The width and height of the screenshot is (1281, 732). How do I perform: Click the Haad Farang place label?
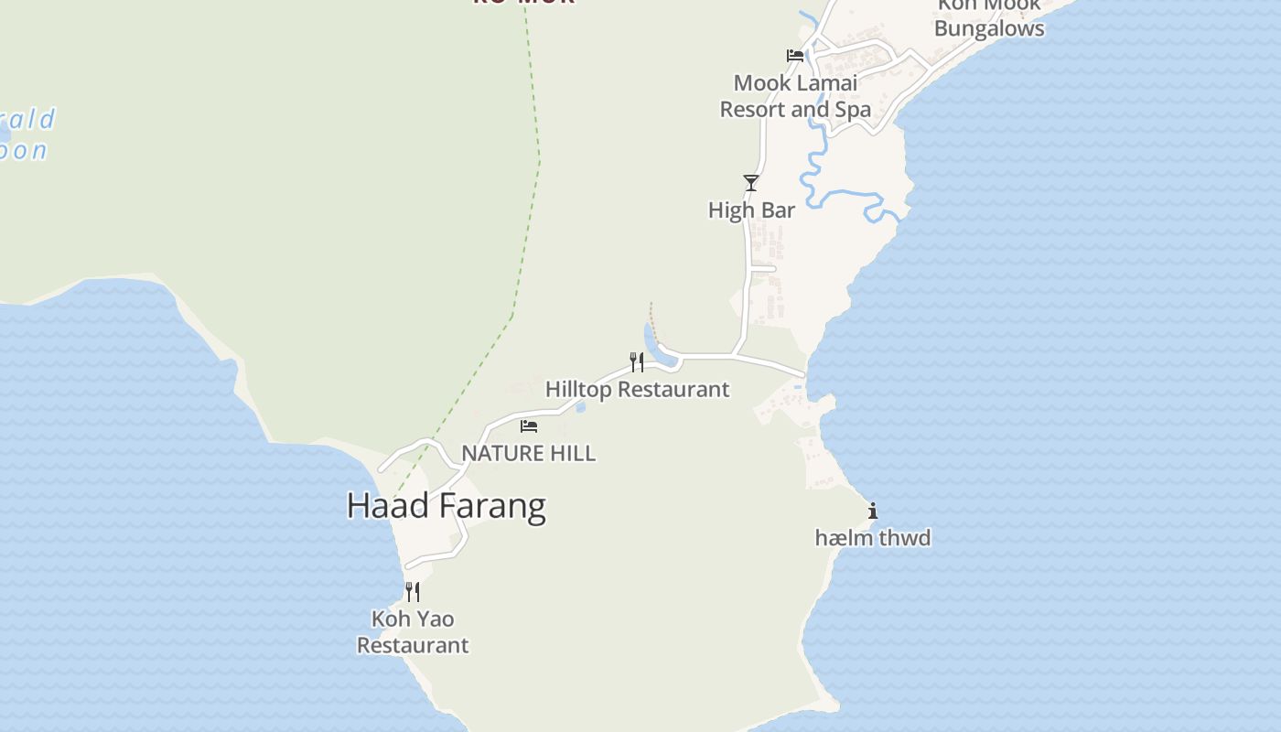[x=446, y=506]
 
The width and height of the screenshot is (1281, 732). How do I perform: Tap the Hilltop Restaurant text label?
[x=637, y=389]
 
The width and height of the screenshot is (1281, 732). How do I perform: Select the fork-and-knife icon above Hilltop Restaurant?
[x=637, y=362]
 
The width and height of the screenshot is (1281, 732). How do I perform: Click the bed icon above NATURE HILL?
[x=529, y=425]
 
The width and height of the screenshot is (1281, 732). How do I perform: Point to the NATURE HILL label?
[x=528, y=453]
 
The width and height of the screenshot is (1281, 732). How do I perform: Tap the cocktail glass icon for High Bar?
[x=751, y=183]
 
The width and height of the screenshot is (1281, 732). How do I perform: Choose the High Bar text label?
[x=751, y=210]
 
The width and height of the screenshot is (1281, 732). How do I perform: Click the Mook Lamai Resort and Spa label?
[x=795, y=96]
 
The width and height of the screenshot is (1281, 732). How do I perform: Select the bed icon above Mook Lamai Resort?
[x=795, y=55]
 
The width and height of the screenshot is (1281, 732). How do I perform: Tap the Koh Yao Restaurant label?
[x=413, y=632]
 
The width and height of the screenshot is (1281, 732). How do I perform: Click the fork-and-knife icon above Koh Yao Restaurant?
[x=413, y=592]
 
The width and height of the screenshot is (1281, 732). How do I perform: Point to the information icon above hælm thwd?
[x=873, y=511]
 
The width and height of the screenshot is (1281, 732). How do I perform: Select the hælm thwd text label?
[x=873, y=538]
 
